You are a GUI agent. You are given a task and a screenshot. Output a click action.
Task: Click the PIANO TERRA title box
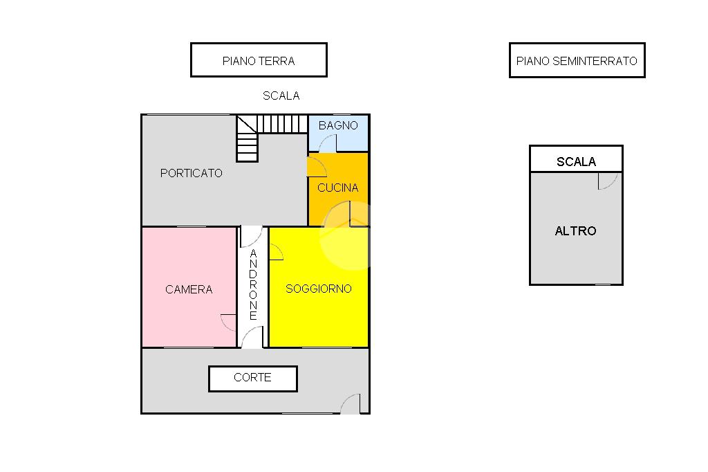(259, 60)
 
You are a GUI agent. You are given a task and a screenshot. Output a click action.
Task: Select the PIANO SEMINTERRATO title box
(577, 61)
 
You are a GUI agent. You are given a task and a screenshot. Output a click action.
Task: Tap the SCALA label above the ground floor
(281, 96)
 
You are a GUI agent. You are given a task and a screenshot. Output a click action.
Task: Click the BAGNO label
(338, 125)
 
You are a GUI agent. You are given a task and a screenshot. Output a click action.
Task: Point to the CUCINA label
(337, 188)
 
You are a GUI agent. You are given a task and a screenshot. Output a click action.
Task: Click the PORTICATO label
(192, 173)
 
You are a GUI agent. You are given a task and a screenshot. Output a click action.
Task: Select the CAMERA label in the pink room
(189, 289)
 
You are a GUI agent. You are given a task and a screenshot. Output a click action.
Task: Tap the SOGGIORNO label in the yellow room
(319, 289)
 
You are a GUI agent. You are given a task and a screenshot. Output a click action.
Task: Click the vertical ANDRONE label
(253, 284)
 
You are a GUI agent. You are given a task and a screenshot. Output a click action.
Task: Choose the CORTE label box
(253, 378)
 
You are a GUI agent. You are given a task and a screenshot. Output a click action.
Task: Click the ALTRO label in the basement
(575, 231)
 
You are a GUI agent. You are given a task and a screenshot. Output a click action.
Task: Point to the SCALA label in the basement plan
(576, 162)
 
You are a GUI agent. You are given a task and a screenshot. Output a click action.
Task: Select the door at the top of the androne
(251, 237)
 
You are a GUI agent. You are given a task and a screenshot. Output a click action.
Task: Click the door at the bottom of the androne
(252, 338)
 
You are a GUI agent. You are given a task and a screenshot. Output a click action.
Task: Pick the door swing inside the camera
(229, 322)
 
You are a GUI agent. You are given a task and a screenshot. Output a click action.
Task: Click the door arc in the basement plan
(607, 181)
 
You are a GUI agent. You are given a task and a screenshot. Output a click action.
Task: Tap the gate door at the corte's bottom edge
(351, 404)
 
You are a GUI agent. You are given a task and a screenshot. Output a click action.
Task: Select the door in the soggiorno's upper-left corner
(276, 253)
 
